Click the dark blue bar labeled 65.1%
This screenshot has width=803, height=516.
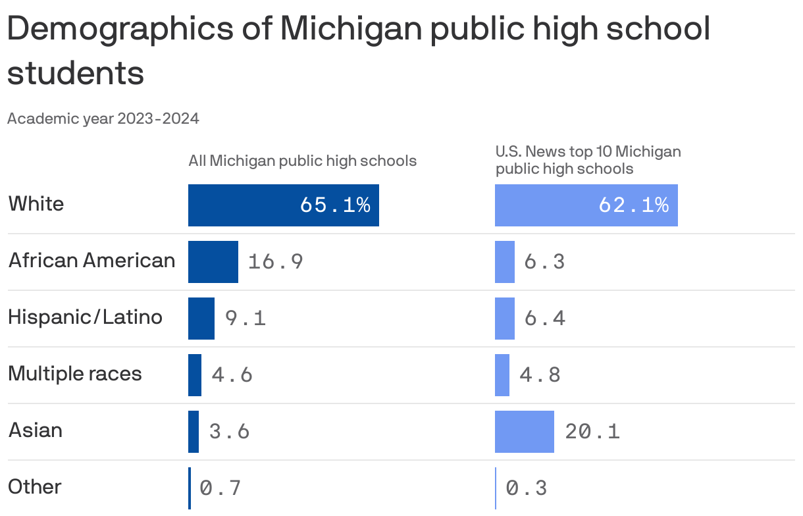tap(283, 205)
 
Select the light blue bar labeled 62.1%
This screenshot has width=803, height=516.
tap(586, 205)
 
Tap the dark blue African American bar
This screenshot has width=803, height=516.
tap(213, 262)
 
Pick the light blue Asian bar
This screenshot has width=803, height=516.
tap(524, 432)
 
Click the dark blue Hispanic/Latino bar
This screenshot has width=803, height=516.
tap(201, 319)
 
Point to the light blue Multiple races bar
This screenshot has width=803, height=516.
tap(502, 375)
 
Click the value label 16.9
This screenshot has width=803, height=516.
tap(275, 262)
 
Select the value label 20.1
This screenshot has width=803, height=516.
tap(592, 432)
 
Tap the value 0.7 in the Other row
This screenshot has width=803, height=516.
tap(220, 488)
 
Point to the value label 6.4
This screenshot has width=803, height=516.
tap(544, 319)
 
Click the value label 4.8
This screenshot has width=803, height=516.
tap(540, 375)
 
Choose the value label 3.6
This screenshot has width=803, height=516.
tap(229, 432)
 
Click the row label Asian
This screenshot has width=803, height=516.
tap(36, 430)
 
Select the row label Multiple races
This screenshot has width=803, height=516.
tap(75, 374)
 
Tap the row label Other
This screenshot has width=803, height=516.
tap(35, 487)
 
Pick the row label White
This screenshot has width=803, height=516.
tap(36, 204)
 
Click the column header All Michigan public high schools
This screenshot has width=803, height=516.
tap(302, 161)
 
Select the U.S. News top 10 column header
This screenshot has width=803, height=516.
tap(588, 160)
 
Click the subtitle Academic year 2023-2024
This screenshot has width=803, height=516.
tap(103, 119)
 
